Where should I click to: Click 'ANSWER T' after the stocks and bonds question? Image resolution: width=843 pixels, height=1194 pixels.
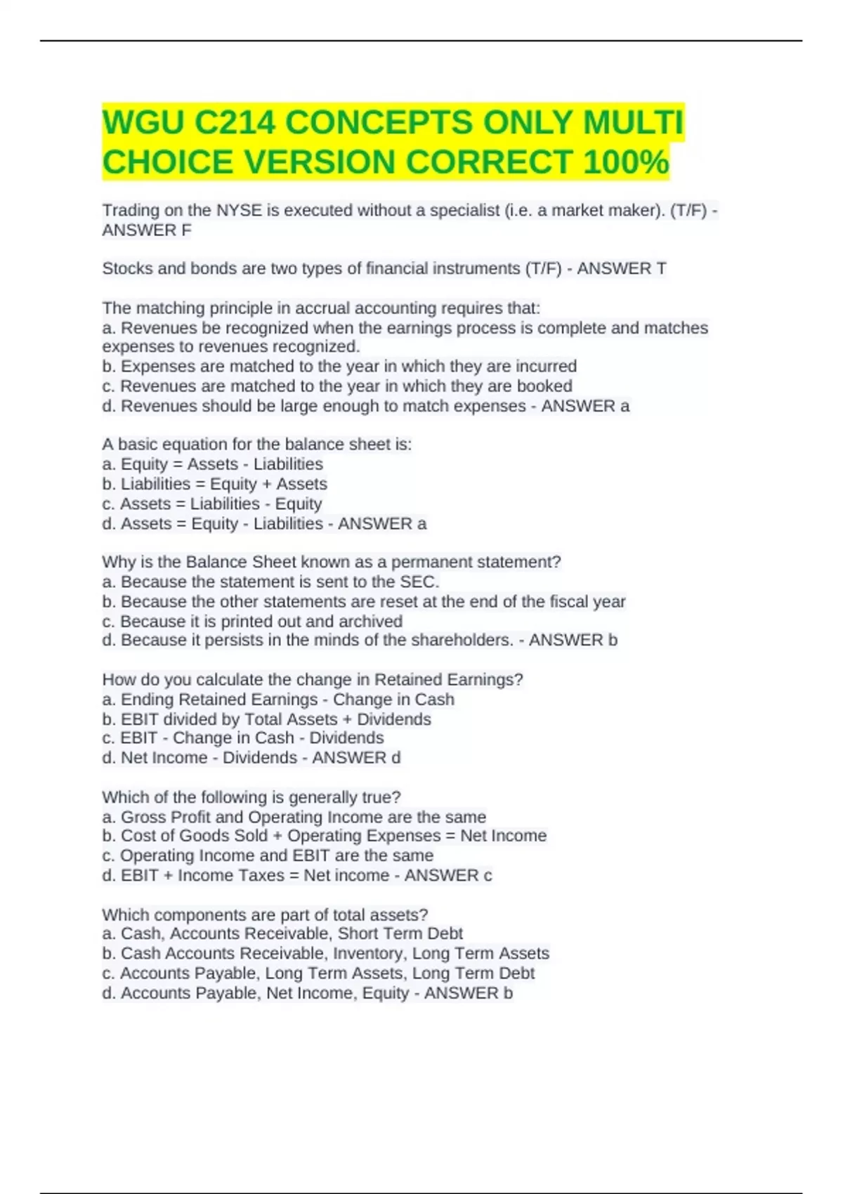point(621,268)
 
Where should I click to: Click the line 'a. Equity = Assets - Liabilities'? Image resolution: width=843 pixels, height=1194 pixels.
point(212,464)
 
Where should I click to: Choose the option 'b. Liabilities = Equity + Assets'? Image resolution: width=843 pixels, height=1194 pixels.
point(214,484)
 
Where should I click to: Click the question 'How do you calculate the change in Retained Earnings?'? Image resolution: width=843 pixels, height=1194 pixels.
point(313,679)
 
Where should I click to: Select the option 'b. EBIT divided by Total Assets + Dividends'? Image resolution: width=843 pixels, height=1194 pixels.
point(266,719)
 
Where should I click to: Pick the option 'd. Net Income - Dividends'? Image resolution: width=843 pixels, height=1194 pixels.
point(199,758)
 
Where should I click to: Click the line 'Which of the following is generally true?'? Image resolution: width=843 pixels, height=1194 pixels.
point(251,797)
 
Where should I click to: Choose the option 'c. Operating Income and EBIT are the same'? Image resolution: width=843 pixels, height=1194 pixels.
point(267,855)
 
